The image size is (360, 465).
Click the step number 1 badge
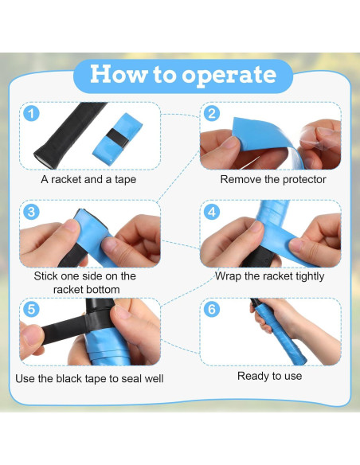pyautogui.click(x=31, y=113)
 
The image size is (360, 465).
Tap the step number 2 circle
pyautogui.click(x=212, y=113)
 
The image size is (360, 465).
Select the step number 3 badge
pyautogui.click(x=31, y=212)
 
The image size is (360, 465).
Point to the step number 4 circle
pyautogui.click(x=212, y=212)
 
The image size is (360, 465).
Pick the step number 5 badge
pyautogui.click(x=31, y=309)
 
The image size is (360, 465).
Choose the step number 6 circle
pyautogui.click(x=212, y=309)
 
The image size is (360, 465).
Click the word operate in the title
pyautogui.click(x=229, y=76)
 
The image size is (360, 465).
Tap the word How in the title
pyautogui.click(x=119, y=74)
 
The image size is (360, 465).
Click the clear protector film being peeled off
pyautogui.click(x=319, y=137)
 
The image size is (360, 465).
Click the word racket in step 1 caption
pyautogui.click(x=66, y=180)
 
